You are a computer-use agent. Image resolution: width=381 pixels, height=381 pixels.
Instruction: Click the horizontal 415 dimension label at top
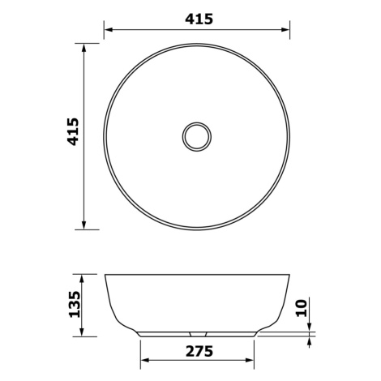click(199, 19)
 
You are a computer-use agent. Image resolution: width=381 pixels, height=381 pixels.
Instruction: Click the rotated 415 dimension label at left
click(73, 131)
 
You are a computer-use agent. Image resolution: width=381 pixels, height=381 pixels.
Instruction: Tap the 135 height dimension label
click(75, 304)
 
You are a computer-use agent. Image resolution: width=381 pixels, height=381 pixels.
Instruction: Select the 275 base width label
click(199, 351)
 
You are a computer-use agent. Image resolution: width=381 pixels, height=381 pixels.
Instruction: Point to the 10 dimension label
click(302, 308)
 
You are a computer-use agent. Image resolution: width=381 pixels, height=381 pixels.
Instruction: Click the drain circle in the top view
click(197, 136)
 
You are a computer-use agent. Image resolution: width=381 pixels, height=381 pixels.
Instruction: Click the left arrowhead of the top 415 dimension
click(109, 29)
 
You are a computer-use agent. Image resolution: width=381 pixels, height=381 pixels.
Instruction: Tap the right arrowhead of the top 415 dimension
click(285, 29)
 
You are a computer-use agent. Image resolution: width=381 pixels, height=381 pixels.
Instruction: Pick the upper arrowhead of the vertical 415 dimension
click(83, 48)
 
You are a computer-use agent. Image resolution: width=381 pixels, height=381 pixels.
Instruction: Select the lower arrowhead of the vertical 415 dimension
click(83, 225)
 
